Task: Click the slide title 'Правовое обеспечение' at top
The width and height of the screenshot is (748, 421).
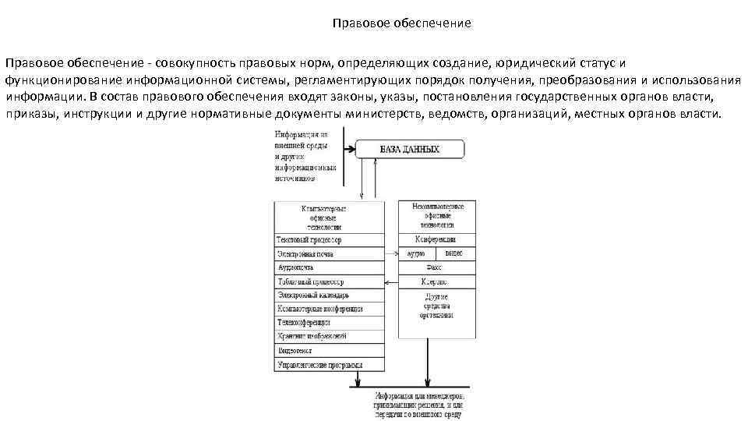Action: click(402, 23)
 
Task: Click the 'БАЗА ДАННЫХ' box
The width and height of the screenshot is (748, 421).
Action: click(410, 149)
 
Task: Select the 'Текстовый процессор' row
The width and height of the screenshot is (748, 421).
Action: click(328, 240)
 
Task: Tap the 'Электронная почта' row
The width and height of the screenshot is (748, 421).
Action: click(328, 254)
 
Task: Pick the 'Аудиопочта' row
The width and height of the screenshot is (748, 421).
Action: click(328, 267)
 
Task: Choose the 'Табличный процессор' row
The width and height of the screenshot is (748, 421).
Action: click(328, 281)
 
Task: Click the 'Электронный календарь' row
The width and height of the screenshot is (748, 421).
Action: click(328, 295)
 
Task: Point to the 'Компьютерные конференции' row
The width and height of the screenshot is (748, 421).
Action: click(328, 309)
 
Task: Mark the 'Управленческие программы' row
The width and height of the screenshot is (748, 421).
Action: click(328, 364)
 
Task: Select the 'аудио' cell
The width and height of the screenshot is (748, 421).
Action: click(416, 254)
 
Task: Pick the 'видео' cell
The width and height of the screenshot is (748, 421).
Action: click(453, 254)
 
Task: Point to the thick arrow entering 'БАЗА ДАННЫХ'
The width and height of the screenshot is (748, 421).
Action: click(349, 148)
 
